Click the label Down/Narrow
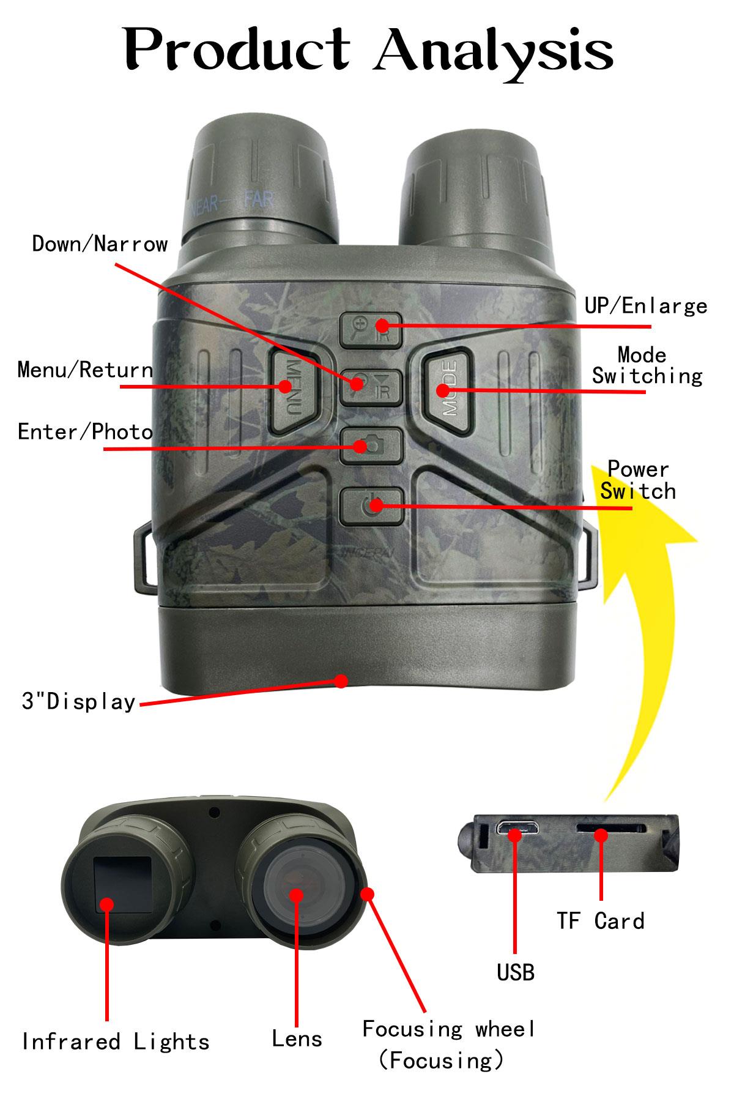point(100,244)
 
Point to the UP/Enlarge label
point(646,306)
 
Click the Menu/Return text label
point(85,370)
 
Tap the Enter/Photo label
point(85,432)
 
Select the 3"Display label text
point(78,701)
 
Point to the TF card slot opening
point(610,829)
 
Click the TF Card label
point(601,921)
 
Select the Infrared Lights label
point(116,1042)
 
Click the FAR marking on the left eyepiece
point(259,199)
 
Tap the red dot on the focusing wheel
point(367,895)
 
